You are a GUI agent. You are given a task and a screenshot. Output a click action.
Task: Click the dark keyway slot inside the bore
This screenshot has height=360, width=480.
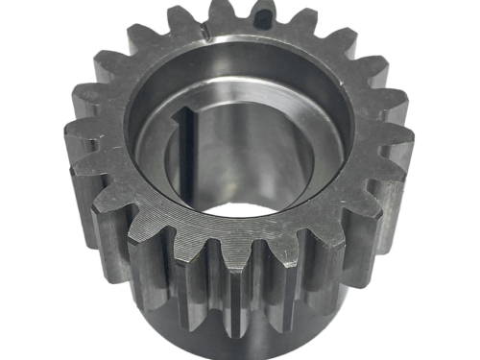(188, 154)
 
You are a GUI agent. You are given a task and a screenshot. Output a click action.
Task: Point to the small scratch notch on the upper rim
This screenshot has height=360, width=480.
(207, 40)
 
